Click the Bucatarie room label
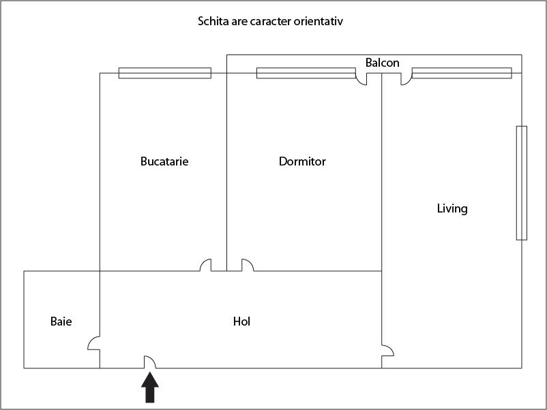click(164, 161)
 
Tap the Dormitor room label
click(302, 161)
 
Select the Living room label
click(452, 208)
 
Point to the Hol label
click(241, 321)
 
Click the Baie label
click(61, 321)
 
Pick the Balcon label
click(383, 63)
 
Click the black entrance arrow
click(150, 388)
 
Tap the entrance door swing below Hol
click(150, 362)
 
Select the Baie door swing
click(93, 343)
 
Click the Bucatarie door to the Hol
click(206, 265)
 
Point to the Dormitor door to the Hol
click(248, 265)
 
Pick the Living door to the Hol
click(387, 351)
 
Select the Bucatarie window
click(165, 73)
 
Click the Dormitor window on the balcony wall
click(306, 73)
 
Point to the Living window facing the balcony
click(462, 73)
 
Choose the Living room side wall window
click(522, 183)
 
